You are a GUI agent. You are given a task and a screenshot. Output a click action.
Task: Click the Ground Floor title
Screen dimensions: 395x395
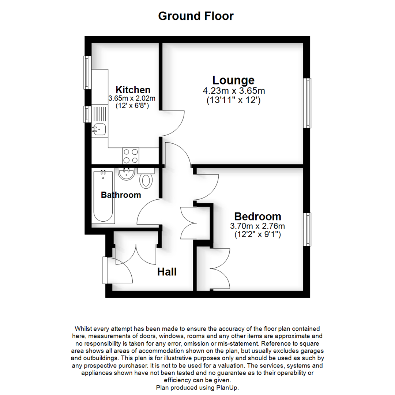(x=196, y=16)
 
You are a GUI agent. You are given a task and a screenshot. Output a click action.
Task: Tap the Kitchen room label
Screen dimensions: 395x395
(x=133, y=90)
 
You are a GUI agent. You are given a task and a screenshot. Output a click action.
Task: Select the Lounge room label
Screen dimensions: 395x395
(x=233, y=80)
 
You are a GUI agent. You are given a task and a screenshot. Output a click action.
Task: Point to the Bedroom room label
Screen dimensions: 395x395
(x=257, y=217)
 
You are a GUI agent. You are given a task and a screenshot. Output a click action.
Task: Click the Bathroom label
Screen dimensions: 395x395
(x=121, y=195)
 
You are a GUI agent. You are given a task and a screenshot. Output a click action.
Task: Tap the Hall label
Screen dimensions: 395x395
(x=167, y=272)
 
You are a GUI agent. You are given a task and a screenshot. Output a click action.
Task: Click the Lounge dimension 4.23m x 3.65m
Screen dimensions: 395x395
(x=234, y=91)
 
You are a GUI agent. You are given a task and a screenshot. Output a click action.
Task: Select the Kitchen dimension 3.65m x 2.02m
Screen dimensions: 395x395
(x=132, y=98)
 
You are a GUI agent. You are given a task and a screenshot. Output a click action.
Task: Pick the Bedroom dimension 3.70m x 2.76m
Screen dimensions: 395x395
(x=257, y=226)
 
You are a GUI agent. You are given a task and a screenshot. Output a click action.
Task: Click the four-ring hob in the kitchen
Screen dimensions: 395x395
(x=131, y=156)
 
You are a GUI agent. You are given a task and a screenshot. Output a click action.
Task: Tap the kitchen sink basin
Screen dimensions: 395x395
(x=99, y=129)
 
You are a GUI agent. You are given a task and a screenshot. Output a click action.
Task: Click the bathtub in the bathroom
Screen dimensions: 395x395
(x=103, y=196)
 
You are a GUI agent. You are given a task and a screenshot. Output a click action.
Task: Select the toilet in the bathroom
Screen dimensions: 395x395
(x=146, y=178)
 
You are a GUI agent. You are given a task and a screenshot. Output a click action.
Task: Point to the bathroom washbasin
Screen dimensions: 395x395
(x=126, y=174)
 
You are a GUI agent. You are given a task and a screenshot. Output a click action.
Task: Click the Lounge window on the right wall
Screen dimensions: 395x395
(x=307, y=103)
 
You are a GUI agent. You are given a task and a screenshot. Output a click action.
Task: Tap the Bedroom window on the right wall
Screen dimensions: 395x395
(x=307, y=229)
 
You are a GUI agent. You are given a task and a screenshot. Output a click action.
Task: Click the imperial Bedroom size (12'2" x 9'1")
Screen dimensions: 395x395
(x=257, y=235)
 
